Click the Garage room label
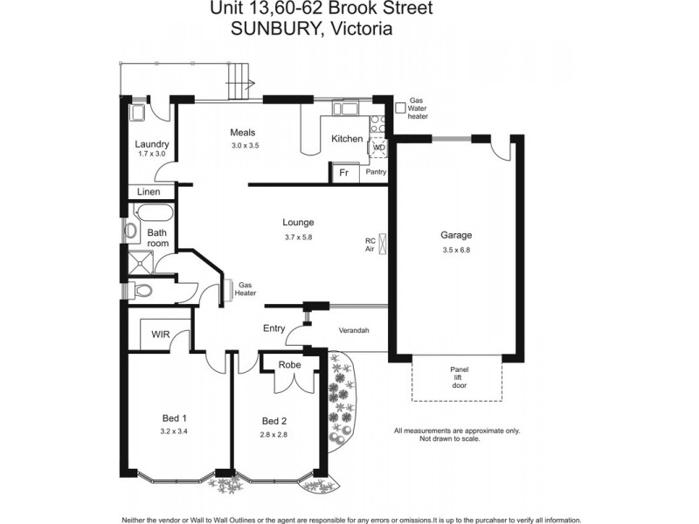click(x=456, y=235)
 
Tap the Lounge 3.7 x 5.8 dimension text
click(x=298, y=237)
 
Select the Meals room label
click(x=242, y=133)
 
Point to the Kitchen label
click(x=347, y=139)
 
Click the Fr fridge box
click(x=343, y=173)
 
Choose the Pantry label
click(x=376, y=173)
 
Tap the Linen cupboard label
click(x=149, y=192)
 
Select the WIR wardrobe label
click(x=161, y=334)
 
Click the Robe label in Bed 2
click(x=290, y=364)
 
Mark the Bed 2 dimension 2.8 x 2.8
click(x=273, y=433)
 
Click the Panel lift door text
click(x=459, y=376)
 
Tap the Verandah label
click(x=354, y=330)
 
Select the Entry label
click(x=273, y=328)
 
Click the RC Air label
click(x=370, y=245)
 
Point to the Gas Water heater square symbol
click(x=399, y=107)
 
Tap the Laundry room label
click(x=151, y=144)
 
